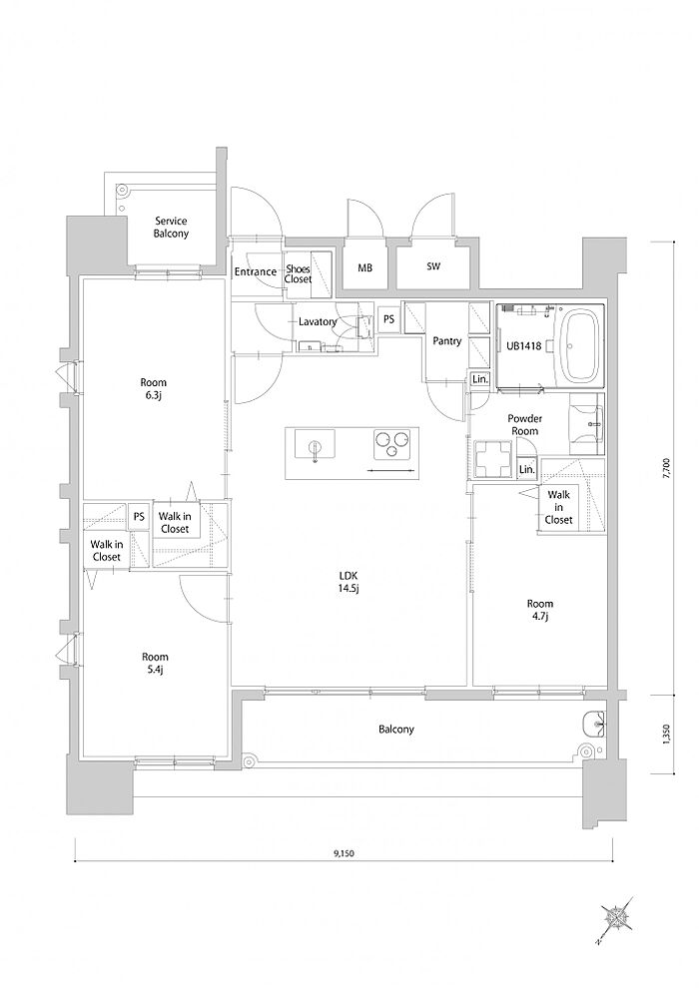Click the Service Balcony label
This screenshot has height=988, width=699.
click(x=172, y=227)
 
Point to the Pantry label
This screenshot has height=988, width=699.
click(x=447, y=341)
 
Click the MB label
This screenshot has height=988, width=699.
click(x=364, y=267)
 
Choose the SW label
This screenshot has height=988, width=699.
click(x=433, y=266)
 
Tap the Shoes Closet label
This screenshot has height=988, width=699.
click(x=299, y=273)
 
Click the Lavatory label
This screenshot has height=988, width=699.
click(x=318, y=322)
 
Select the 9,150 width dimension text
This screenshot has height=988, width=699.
click(x=345, y=854)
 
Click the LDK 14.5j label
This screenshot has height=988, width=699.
click(x=349, y=582)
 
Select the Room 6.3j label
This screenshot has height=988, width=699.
click(x=153, y=388)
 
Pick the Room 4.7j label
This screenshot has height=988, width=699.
click(x=540, y=610)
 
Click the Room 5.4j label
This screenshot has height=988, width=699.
click(x=155, y=663)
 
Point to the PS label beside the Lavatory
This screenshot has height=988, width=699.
click(x=388, y=319)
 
